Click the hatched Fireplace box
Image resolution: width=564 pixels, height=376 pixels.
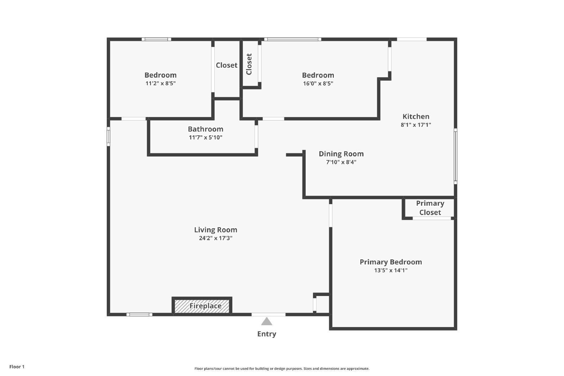(202, 306)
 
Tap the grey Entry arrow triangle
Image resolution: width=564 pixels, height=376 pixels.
(267, 321)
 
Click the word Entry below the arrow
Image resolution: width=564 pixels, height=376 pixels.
(267, 334)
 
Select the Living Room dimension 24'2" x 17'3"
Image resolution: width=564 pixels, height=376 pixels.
(215, 238)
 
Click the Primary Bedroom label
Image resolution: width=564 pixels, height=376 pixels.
(391, 262)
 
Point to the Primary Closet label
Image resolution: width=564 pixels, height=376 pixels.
(430, 208)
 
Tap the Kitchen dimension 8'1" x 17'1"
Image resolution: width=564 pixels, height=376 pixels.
(416, 125)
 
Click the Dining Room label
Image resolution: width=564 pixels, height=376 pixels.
(341, 154)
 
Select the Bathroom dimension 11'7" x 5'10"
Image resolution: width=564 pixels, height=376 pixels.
(206, 137)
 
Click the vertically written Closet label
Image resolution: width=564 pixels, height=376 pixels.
(249, 64)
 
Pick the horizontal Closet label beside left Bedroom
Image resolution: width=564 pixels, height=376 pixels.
(226, 65)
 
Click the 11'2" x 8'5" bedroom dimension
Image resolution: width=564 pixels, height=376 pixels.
(160, 84)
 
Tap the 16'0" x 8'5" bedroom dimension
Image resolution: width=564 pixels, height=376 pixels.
(318, 84)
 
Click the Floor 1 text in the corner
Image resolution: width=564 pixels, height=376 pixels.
(17, 367)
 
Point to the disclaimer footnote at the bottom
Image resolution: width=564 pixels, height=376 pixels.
(282, 369)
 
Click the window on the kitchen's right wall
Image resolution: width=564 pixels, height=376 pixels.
(455, 156)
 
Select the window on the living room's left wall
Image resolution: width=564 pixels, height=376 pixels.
(108, 136)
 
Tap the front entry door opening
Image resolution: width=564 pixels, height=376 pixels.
(268, 314)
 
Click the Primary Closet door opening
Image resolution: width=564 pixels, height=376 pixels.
(432, 218)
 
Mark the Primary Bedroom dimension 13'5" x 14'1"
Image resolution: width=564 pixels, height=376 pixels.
(391, 271)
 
